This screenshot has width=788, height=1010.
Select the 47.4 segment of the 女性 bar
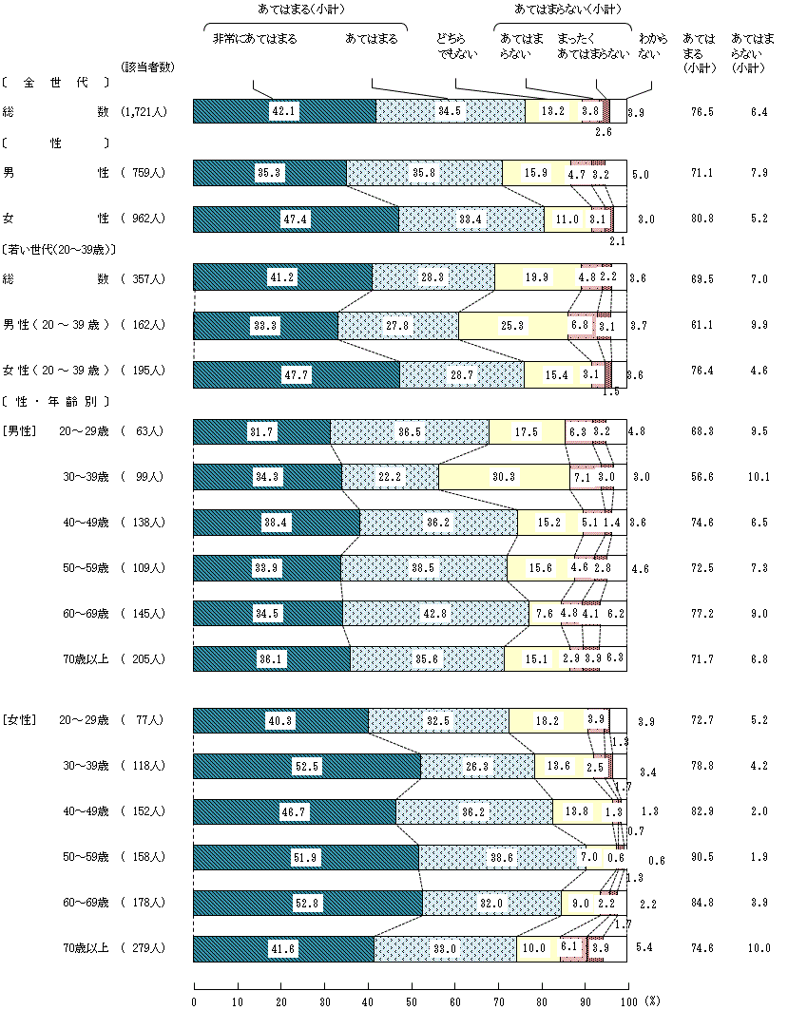297,219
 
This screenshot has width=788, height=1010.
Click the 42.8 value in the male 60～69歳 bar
436,614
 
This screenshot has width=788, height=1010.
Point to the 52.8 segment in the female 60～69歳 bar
308,903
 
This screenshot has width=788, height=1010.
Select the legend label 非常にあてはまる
254,39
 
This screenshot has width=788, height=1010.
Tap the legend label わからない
651,46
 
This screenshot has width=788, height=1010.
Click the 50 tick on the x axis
411,1000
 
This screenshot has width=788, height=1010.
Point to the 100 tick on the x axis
626,1000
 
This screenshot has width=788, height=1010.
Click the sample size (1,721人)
144,112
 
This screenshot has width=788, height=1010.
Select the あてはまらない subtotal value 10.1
759,477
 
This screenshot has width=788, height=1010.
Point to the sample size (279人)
144,948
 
